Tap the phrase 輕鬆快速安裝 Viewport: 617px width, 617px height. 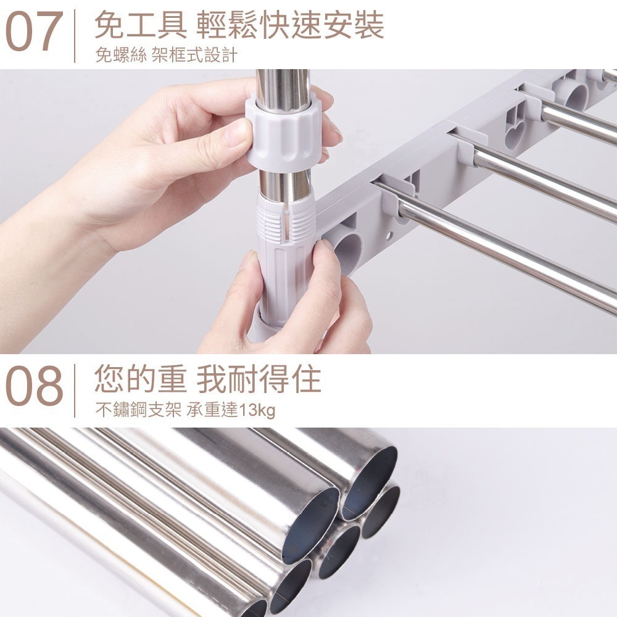(x=290, y=26)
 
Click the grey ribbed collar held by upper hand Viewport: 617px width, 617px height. (x=284, y=133)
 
